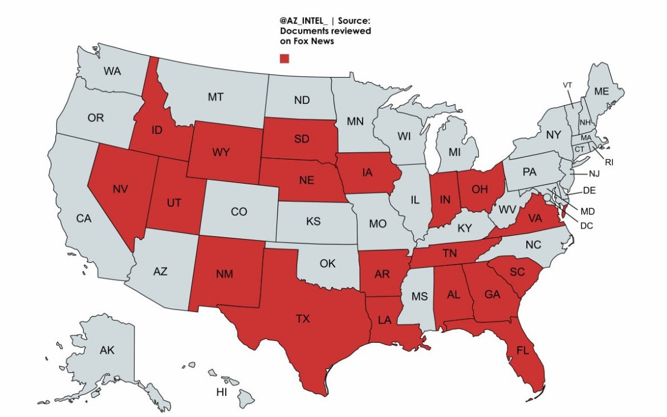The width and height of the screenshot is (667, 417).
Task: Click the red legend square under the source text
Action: pos(284,58)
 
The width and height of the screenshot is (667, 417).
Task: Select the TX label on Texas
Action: pos(303,319)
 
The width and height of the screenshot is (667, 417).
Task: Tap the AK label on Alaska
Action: pos(107,350)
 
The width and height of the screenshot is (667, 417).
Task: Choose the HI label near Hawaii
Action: pos(222,392)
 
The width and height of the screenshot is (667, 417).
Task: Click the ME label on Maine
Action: pos(601,91)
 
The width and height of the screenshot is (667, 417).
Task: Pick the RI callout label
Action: pos(609,163)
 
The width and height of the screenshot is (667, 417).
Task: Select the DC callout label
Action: pos(587,226)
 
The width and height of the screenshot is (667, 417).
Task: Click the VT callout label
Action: pos(567,85)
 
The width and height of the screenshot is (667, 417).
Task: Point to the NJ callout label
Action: pos(594,173)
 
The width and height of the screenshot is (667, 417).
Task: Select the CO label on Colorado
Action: pos(239,212)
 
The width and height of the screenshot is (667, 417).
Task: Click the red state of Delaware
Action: pos(564,213)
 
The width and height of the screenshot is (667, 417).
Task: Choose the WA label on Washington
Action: pos(112,72)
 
